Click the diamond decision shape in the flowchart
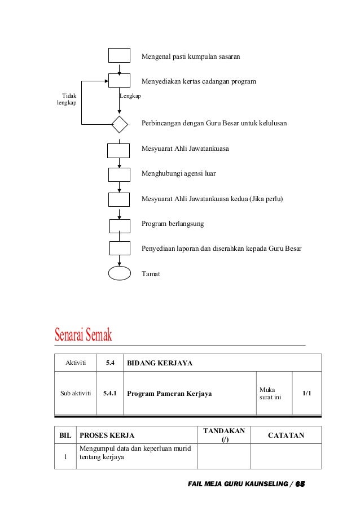pyautogui.click(x=120, y=124)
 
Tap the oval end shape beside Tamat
pyautogui.click(x=120, y=273)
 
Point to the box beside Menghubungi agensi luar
pyautogui.click(x=119, y=175)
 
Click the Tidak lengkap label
pyautogui.click(x=66, y=99)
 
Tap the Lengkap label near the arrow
pyautogui.click(x=130, y=96)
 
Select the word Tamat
pyautogui.click(x=151, y=274)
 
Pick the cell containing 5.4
pyautogui.click(x=110, y=363)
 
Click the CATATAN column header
pyautogui.click(x=286, y=435)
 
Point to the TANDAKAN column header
pyautogui.click(x=223, y=435)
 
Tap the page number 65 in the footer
pyautogui.click(x=300, y=485)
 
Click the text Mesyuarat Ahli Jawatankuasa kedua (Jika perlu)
pyautogui.click(x=212, y=199)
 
